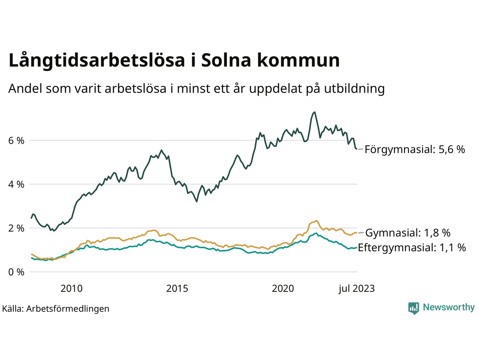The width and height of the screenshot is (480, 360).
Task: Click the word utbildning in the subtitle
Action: pyautogui.click(x=354, y=88)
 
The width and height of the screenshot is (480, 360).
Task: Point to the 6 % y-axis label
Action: pyautogui.click(x=16, y=141)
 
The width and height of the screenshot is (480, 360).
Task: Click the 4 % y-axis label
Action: pyautogui.click(x=16, y=184)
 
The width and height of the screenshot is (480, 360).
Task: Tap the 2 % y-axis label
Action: pyautogui.click(x=16, y=228)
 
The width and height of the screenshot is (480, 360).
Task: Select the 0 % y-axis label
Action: pyautogui.click(x=16, y=272)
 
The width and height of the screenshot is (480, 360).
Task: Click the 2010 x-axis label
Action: pyautogui.click(x=71, y=288)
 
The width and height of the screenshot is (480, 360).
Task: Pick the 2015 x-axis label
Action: pyautogui.click(x=177, y=288)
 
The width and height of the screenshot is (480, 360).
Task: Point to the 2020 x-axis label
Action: pyautogui.click(x=283, y=288)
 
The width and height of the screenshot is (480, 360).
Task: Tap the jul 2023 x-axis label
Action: pyautogui.click(x=356, y=288)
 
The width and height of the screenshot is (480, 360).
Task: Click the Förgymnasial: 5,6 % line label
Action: pyautogui.click(x=415, y=150)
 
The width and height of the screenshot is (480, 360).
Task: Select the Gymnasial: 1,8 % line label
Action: pyautogui.click(x=408, y=233)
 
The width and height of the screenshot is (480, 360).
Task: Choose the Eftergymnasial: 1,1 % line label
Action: pyautogui.click(x=412, y=247)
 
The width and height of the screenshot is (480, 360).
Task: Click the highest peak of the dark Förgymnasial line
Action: pyautogui.click(x=314, y=112)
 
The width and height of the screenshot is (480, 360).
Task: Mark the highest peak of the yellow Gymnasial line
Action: pyautogui.click(x=316, y=220)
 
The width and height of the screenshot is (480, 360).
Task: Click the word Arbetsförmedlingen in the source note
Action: pyautogui.click(x=68, y=309)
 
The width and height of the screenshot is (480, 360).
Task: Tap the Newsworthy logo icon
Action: pyautogui.click(x=414, y=308)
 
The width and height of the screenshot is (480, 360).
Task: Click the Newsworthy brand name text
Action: pyautogui.click(x=448, y=307)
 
